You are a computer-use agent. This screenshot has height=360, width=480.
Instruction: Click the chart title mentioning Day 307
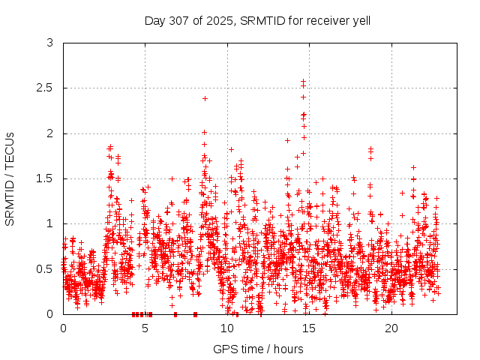pyautogui.click(x=257, y=20)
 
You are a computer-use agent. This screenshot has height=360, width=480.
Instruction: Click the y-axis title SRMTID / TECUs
pyautogui.click(x=10, y=178)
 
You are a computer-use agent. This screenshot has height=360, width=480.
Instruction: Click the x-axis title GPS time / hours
pyautogui.click(x=258, y=349)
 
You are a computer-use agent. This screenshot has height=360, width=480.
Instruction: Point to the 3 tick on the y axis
pyautogui.click(x=50, y=43)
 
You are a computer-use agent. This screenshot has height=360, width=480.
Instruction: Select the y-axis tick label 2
pyautogui.click(x=50, y=133)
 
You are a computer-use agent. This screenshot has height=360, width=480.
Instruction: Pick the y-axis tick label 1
pyautogui.click(x=50, y=223)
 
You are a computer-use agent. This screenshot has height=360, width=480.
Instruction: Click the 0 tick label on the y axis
pyautogui.click(x=50, y=313)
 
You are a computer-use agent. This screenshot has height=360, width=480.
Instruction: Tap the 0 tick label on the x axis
pyautogui.click(x=63, y=328)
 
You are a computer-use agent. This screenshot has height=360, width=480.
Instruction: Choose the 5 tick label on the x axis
pyautogui.click(x=145, y=328)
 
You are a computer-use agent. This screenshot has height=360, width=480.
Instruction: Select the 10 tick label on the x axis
pyautogui.click(x=227, y=328)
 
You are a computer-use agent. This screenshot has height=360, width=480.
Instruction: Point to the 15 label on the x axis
pyautogui.click(x=309, y=328)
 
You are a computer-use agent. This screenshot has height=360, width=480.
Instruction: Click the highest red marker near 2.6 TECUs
pyautogui.click(x=304, y=81)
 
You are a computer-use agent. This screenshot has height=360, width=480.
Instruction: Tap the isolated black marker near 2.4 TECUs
pyautogui.click(x=205, y=98)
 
